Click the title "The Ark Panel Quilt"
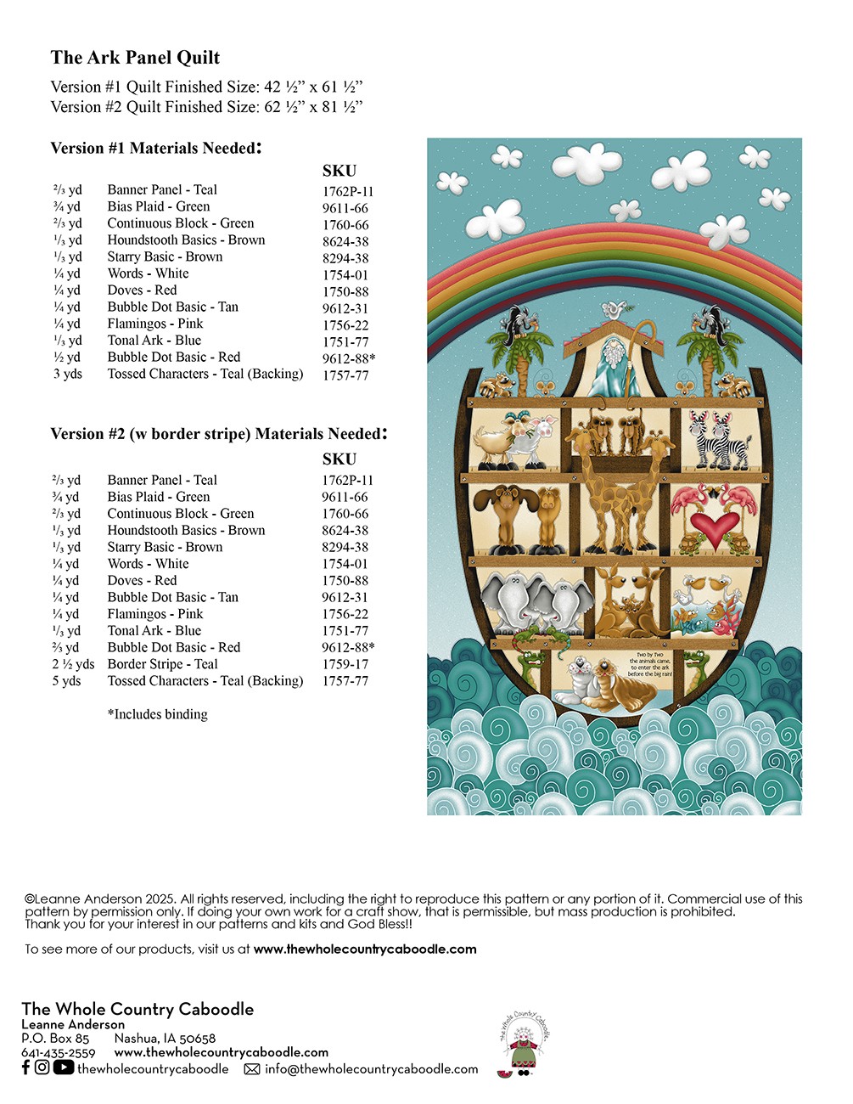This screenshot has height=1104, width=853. [135, 58]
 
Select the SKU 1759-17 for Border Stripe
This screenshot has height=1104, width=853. [345, 665]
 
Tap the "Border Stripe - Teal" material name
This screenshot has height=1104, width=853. [162, 665]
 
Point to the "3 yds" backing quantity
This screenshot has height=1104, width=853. [68, 375]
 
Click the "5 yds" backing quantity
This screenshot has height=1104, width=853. [66, 681]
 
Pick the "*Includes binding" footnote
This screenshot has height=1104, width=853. [157, 714]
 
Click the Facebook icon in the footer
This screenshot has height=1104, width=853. [25, 1068]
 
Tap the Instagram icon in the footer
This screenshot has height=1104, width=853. [42, 1068]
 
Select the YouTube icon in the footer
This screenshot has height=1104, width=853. [64, 1068]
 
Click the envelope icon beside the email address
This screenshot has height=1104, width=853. [252, 1070]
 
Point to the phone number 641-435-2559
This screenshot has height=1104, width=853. [58, 1053]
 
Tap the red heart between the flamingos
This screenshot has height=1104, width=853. [713, 530]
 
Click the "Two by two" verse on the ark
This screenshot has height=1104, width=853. [650, 664]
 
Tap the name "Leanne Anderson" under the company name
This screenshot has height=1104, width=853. [73, 1025]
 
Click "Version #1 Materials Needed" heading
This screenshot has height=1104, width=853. [155, 149]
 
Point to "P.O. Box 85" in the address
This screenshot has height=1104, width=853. [55, 1039]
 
